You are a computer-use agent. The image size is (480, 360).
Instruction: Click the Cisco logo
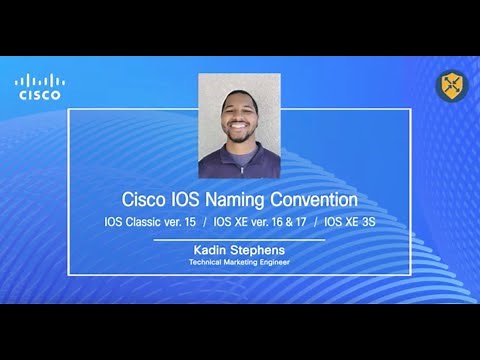pos(39,86)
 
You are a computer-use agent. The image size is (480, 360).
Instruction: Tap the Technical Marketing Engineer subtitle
pos(238,263)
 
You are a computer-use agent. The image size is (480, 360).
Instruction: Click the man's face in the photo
pos(239,114)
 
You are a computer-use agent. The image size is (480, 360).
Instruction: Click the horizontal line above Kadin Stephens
pos(238,240)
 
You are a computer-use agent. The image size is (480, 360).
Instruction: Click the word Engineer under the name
pos(271,263)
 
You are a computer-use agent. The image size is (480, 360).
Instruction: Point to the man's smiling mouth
pos(239,129)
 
